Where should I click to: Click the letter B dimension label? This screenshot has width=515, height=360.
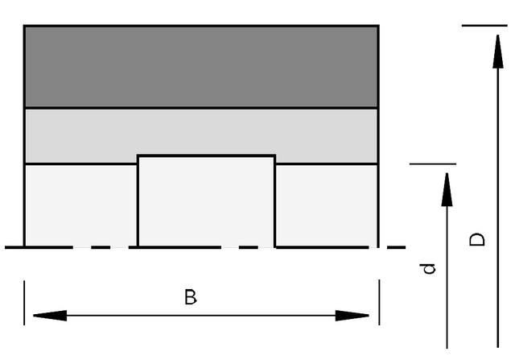click(x=191, y=297)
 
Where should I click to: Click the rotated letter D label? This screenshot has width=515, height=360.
click(x=477, y=239)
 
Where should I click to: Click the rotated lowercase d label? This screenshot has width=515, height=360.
click(x=427, y=269)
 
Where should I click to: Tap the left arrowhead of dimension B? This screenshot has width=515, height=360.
click(x=50, y=316)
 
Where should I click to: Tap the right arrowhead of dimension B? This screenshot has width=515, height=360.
click(x=352, y=316)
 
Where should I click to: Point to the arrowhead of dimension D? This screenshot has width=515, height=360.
click(x=498, y=52)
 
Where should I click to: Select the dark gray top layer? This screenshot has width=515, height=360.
click(x=202, y=67)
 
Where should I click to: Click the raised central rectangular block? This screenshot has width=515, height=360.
click(x=206, y=201)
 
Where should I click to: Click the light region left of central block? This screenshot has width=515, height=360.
click(x=81, y=205)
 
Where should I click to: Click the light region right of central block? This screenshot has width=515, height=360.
click(x=327, y=205)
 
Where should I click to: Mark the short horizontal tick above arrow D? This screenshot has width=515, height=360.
click(x=484, y=25)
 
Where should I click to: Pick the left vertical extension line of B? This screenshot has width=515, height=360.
click(x=24, y=303)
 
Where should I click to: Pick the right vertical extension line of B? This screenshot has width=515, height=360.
click(x=379, y=303)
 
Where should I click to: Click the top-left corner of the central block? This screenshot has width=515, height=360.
click(x=138, y=155)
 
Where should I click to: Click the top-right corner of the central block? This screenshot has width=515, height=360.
click(x=275, y=155)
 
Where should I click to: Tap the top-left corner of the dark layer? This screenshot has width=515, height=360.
click(x=24, y=26)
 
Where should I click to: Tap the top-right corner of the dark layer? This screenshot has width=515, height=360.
click(x=379, y=26)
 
